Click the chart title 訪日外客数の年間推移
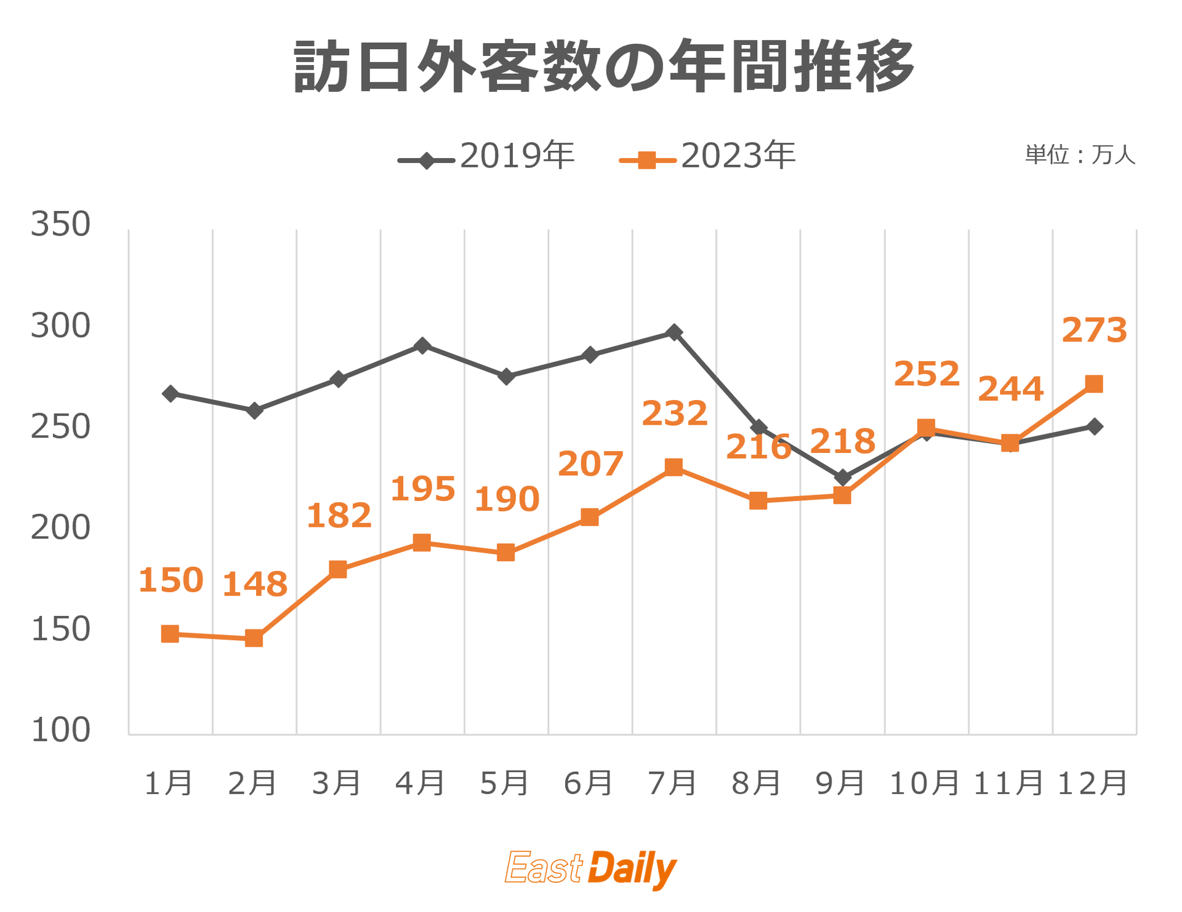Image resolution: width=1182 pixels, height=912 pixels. (603, 66)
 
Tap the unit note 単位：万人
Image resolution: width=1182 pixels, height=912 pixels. (1080, 155)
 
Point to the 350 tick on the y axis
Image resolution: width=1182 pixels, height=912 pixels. (60, 224)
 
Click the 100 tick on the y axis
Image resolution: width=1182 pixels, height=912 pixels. (60, 730)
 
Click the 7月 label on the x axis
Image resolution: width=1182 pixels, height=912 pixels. (673, 783)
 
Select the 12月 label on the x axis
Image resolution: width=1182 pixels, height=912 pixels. (1093, 783)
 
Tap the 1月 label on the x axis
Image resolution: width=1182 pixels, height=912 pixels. (169, 783)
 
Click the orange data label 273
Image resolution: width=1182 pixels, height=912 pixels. (1094, 330)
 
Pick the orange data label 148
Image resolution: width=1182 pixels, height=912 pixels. (254, 585)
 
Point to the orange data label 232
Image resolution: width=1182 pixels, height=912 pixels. (674, 414)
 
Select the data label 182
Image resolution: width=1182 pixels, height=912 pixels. (339, 516)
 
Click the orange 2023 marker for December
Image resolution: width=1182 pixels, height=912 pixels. (1093, 384)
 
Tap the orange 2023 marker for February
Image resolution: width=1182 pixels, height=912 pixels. (254, 638)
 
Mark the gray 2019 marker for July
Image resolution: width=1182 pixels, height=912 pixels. (674, 332)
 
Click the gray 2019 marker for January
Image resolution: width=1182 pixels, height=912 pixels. (170, 394)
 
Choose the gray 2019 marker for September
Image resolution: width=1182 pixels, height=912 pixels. (842, 478)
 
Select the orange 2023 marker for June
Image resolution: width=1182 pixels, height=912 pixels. (590, 517)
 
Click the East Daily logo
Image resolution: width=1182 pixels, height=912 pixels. (590, 868)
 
